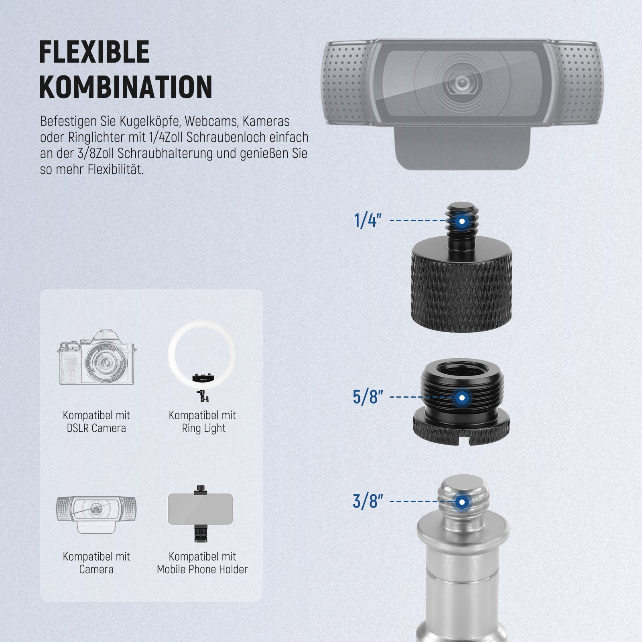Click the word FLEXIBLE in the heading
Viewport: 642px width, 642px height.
(x=94, y=52)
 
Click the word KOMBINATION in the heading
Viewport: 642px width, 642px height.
(x=126, y=87)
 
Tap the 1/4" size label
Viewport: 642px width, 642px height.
(x=368, y=221)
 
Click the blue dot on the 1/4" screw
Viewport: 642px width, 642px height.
(x=462, y=221)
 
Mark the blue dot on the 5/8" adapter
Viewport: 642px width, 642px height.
(x=462, y=398)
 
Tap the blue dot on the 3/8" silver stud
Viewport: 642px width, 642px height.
(x=462, y=502)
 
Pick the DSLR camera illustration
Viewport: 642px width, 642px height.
(x=96, y=358)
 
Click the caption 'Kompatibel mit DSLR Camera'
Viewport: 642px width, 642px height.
(x=96, y=422)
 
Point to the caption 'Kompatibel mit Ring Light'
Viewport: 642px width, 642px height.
(x=202, y=422)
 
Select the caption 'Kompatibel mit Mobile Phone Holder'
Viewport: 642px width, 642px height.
(x=202, y=563)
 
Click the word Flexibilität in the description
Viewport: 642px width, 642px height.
(x=115, y=169)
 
